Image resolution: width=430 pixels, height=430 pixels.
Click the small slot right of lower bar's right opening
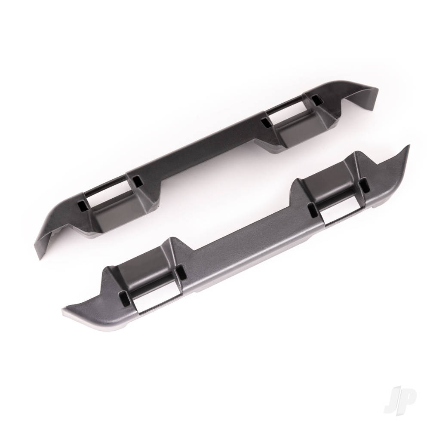[365, 186]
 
